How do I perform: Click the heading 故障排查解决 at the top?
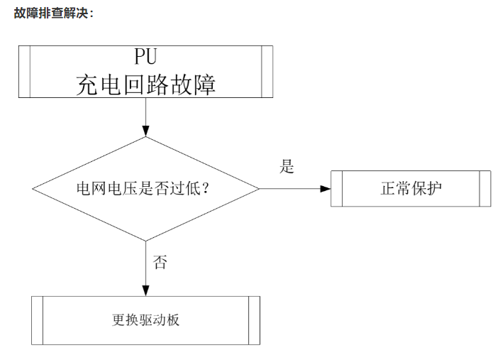[52, 13]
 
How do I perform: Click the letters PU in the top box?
[145, 57]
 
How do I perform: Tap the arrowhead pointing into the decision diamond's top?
[145, 131]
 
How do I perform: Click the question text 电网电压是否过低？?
[145, 189]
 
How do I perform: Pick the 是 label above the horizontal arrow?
[287, 168]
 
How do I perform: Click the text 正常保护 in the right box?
[411, 189]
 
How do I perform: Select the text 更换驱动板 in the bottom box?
[145, 320]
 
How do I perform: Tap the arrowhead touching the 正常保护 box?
[326, 189]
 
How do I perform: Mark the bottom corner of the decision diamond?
[145, 241]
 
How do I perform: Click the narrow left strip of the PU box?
[24, 72]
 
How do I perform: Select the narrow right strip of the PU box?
[267, 72]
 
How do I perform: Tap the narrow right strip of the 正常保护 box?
[485, 189]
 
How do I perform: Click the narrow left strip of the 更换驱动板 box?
[38, 320]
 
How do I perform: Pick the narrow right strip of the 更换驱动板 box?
[255, 320]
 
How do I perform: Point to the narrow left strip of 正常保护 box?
[337, 189]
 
